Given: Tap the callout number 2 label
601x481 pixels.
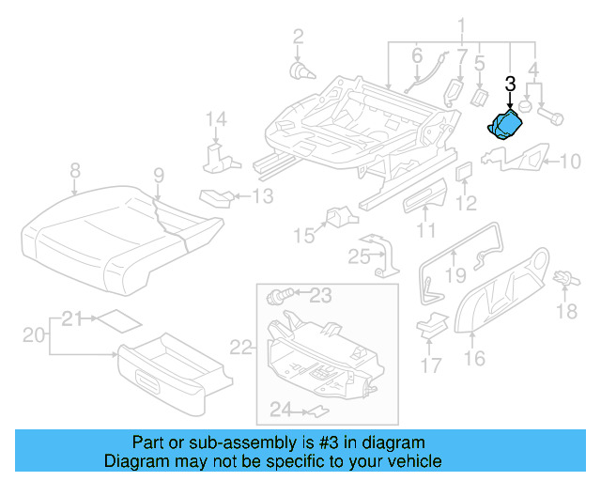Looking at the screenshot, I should (298, 37).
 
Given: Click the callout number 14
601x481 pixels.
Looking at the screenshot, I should (217, 119).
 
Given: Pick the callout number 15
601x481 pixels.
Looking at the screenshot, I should (303, 234).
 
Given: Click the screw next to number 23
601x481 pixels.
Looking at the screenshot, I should (278, 297).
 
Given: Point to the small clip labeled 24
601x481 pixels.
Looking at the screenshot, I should (318, 411).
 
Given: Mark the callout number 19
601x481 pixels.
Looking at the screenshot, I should (456, 274).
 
